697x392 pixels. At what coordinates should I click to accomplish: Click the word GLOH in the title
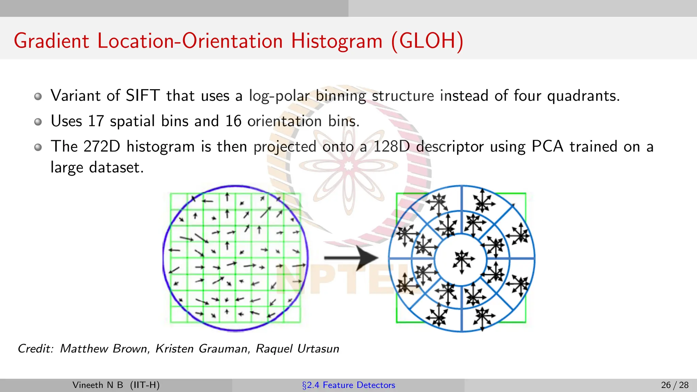(x=427, y=41)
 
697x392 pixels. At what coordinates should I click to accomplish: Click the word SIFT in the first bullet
(x=143, y=96)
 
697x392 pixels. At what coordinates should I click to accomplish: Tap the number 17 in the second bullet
(x=96, y=121)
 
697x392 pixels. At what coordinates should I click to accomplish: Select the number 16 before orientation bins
(x=233, y=121)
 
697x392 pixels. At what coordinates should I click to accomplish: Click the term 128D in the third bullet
(x=391, y=147)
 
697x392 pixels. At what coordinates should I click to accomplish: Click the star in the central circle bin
(x=462, y=260)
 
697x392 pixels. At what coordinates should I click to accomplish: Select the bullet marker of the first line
(x=38, y=96)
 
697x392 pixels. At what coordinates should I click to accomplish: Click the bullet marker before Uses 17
(x=38, y=122)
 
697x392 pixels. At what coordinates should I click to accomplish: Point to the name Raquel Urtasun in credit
(x=297, y=349)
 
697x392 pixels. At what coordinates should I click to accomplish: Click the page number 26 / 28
(x=675, y=385)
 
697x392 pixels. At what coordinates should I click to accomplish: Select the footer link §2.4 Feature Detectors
(x=348, y=385)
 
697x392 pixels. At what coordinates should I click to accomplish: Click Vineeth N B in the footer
(x=98, y=385)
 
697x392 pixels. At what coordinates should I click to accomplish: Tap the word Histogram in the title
(x=337, y=41)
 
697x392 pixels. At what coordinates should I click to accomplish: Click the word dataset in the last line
(x=116, y=167)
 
